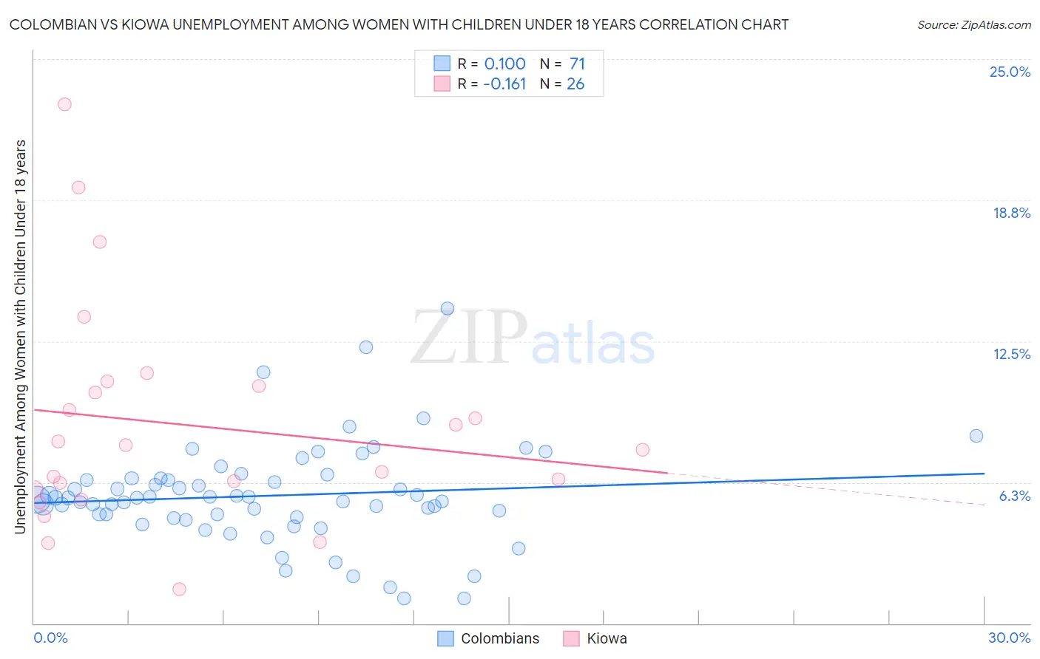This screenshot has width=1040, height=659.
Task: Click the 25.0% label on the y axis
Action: (1010, 72)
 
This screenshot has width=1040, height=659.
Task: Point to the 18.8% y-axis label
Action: (1011, 214)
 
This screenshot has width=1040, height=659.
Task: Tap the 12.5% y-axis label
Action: (1011, 355)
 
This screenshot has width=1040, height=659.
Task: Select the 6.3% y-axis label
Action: (1014, 496)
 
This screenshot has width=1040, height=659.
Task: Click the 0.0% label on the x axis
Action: (50, 638)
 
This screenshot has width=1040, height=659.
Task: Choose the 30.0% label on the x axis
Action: (1009, 638)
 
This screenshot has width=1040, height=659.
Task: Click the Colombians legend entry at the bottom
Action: (499, 638)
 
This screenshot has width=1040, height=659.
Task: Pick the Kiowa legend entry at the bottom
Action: (606, 638)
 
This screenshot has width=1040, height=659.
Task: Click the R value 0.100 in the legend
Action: (504, 64)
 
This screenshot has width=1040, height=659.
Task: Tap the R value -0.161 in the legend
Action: (504, 84)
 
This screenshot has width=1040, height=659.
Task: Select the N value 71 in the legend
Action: (577, 64)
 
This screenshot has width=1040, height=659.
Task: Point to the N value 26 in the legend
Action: (575, 84)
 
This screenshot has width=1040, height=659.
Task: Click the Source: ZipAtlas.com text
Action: (973, 25)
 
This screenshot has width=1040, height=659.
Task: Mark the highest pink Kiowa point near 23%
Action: (64, 104)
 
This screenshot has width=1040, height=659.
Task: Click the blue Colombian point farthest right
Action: (976, 436)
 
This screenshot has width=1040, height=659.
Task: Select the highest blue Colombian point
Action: (448, 309)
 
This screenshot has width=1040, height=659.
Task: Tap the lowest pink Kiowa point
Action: (179, 589)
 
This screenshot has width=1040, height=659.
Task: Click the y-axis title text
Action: (21, 336)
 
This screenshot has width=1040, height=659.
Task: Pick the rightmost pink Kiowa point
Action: (643, 450)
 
